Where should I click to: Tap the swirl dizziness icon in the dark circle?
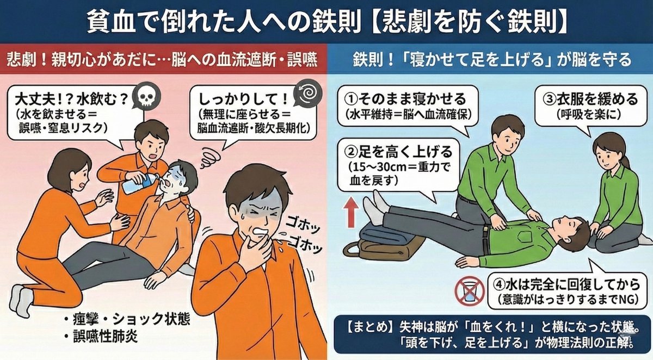tap(307, 93)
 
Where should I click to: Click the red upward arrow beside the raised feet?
tap(350, 212)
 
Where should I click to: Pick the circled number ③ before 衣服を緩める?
tap(550, 100)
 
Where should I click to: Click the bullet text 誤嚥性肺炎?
tap(105, 337)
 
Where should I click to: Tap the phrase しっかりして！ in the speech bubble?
tap(243, 100)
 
